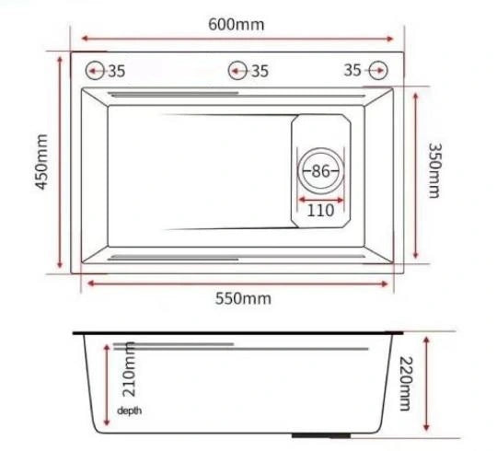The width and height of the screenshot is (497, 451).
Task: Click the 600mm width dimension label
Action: pos(237,25)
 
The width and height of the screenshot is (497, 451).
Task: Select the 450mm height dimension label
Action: pos(41,162)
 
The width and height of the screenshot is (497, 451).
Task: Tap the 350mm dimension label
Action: pos(434,170)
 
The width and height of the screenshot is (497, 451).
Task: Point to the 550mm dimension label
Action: pos(243,298)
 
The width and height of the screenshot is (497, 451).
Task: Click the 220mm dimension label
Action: pos(406,384)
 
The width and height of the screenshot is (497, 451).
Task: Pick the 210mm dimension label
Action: pos(130,369)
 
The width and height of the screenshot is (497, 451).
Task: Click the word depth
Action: pos(130,411)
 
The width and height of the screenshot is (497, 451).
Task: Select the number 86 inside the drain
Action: pos(321,171)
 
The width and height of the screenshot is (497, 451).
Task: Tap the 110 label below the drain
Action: pos(320,210)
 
